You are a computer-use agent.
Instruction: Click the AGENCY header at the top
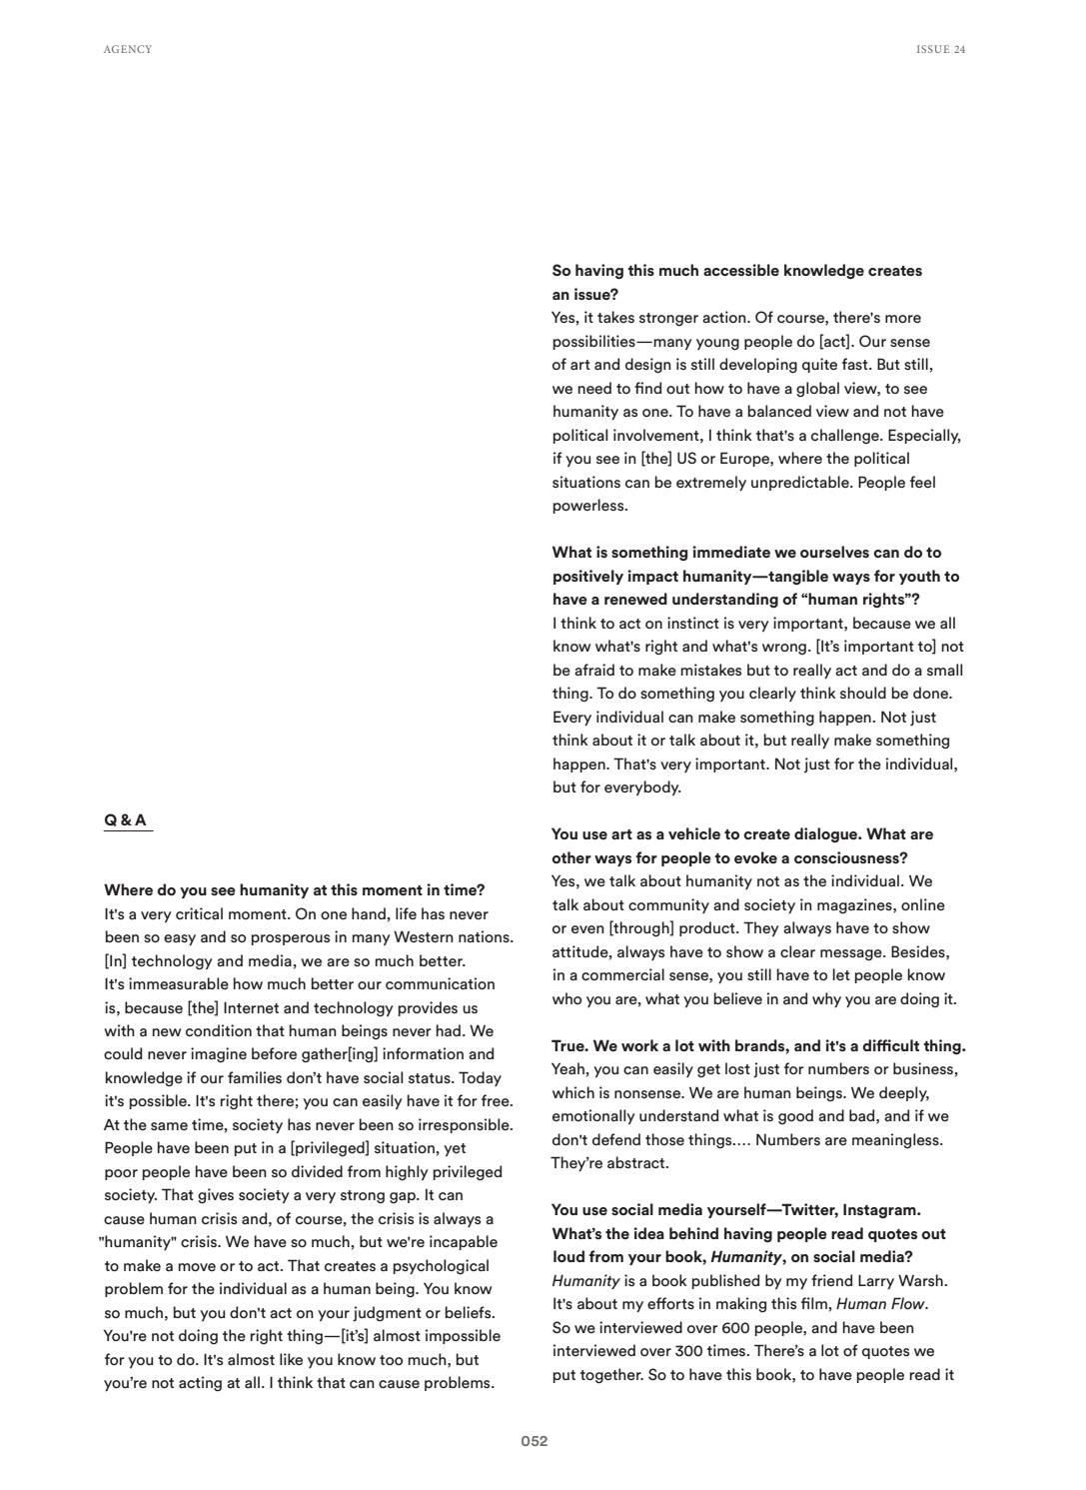pyautogui.click(x=128, y=49)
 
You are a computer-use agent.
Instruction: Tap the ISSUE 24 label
pyautogui.click(x=940, y=49)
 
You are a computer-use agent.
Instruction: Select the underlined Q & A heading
pyautogui.click(x=126, y=820)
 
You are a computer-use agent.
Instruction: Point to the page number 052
pyautogui.click(x=535, y=1441)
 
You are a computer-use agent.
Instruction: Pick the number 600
pyautogui.click(x=735, y=1327)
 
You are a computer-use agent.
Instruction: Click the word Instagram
pyautogui.click(x=882, y=1210)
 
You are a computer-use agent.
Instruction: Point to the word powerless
pyautogui.click(x=589, y=506)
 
